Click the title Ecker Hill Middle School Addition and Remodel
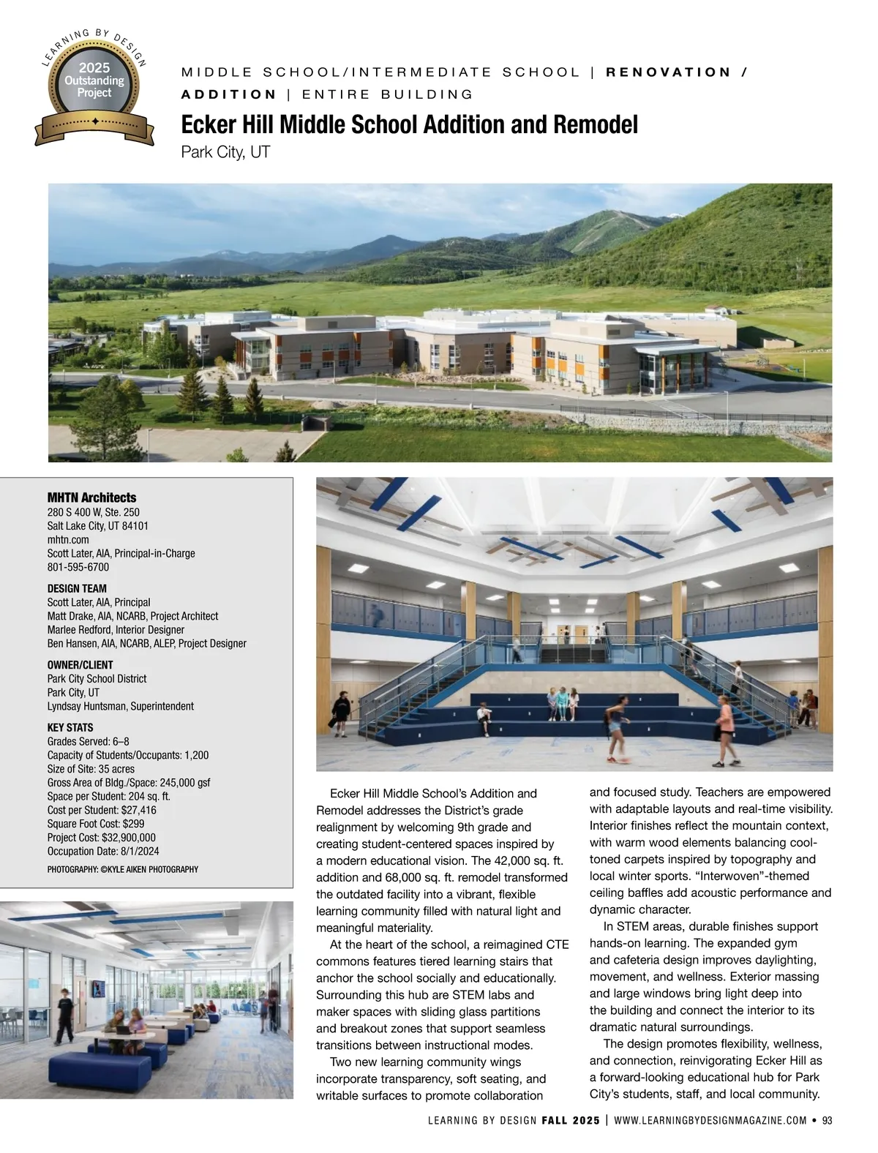pos(409,124)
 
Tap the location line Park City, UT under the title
pos(225,153)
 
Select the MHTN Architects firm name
pos(91,497)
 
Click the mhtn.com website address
pos(68,539)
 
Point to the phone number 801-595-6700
pos(78,567)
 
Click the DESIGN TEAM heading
pos(77,588)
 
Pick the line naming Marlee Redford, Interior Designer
pos(116,629)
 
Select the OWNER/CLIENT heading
pos(80,665)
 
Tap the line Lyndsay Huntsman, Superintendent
pos(120,706)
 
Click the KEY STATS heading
pos(70,728)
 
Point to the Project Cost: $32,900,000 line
pos(101,838)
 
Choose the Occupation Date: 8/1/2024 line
pos(103,852)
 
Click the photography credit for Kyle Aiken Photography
pos(122,869)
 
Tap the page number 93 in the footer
pos(828,1121)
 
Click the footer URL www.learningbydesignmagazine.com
pos(710,1121)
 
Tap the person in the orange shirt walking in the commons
pos(724,729)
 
